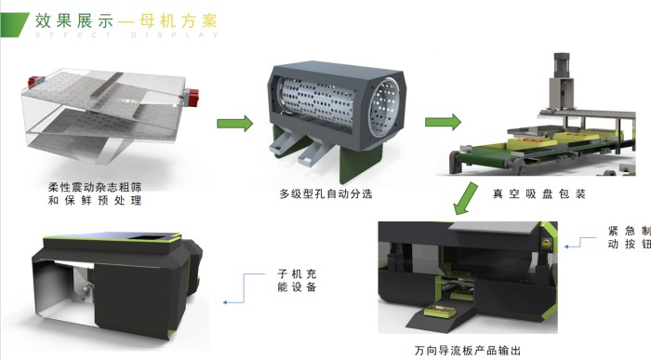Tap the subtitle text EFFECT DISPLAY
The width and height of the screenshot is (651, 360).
pyautogui.click(x=127, y=34)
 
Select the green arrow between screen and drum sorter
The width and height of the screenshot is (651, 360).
pyautogui.click(x=235, y=124)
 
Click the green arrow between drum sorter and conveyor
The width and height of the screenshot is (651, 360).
pyautogui.click(x=443, y=122)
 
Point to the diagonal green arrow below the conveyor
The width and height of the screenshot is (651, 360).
pyautogui.click(x=465, y=198)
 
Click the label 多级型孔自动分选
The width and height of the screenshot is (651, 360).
pyautogui.click(x=325, y=193)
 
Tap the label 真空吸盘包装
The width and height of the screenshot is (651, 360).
pyautogui.click(x=538, y=193)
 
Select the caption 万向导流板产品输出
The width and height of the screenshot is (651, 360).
pyautogui.click(x=467, y=351)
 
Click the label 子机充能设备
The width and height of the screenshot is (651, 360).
pyautogui.click(x=298, y=280)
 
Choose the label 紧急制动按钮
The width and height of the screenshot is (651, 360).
pyautogui.click(x=629, y=237)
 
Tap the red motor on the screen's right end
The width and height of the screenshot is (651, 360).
pyautogui.click(x=192, y=97)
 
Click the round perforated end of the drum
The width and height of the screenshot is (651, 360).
pyautogui.click(x=383, y=108)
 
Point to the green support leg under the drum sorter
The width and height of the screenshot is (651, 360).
pyautogui.click(x=361, y=163)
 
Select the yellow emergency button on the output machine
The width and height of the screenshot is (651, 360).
pyautogui.click(x=546, y=245)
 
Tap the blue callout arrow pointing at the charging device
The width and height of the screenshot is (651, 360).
pyautogui.click(x=244, y=288)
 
